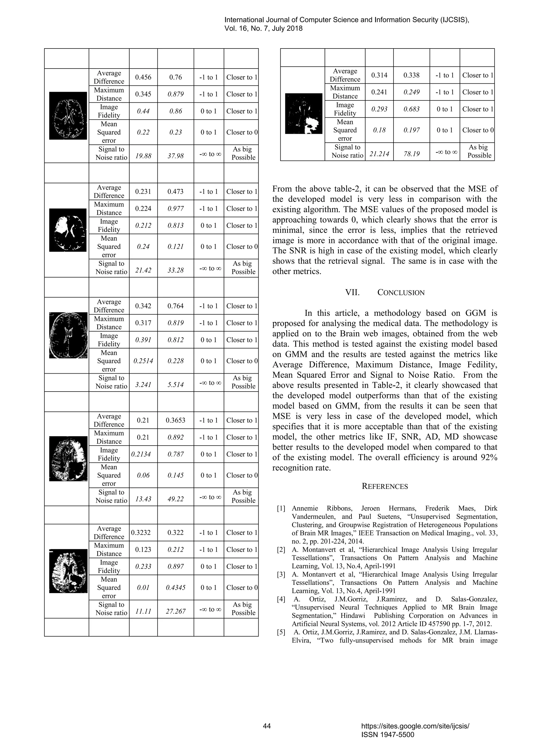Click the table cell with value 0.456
tap(143, 77)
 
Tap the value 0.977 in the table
tap(175, 209)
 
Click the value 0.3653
tap(175, 420)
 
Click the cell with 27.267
tap(175, 611)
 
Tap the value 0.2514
tap(143, 361)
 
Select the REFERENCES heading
tap(385, 486)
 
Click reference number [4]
tap(281, 599)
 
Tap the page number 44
tap(267, 726)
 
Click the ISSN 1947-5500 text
tap(388, 735)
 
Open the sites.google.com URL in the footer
tap(415, 726)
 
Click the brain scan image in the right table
tap(304, 113)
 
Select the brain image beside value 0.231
tap(68, 230)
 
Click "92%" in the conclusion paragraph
tap(489, 458)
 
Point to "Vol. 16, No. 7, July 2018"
tap(263, 29)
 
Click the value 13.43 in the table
tap(143, 499)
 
